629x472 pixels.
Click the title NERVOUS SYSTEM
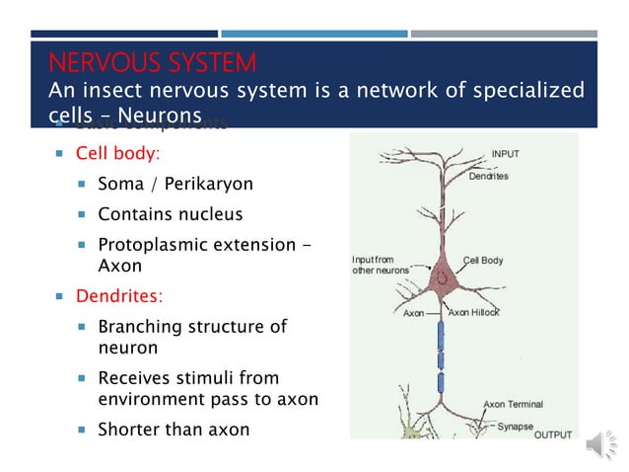point(153,64)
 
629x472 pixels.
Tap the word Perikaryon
point(213,185)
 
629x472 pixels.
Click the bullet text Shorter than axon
point(174,429)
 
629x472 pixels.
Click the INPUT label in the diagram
point(505,154)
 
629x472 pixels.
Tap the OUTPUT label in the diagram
point(552,434)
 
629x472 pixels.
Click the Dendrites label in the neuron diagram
point(488,176)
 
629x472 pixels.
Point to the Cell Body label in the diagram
point(483,261)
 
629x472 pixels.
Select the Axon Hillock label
point(473,312)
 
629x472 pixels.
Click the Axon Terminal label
point(513,404)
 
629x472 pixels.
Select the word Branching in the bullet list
point(142,327)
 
